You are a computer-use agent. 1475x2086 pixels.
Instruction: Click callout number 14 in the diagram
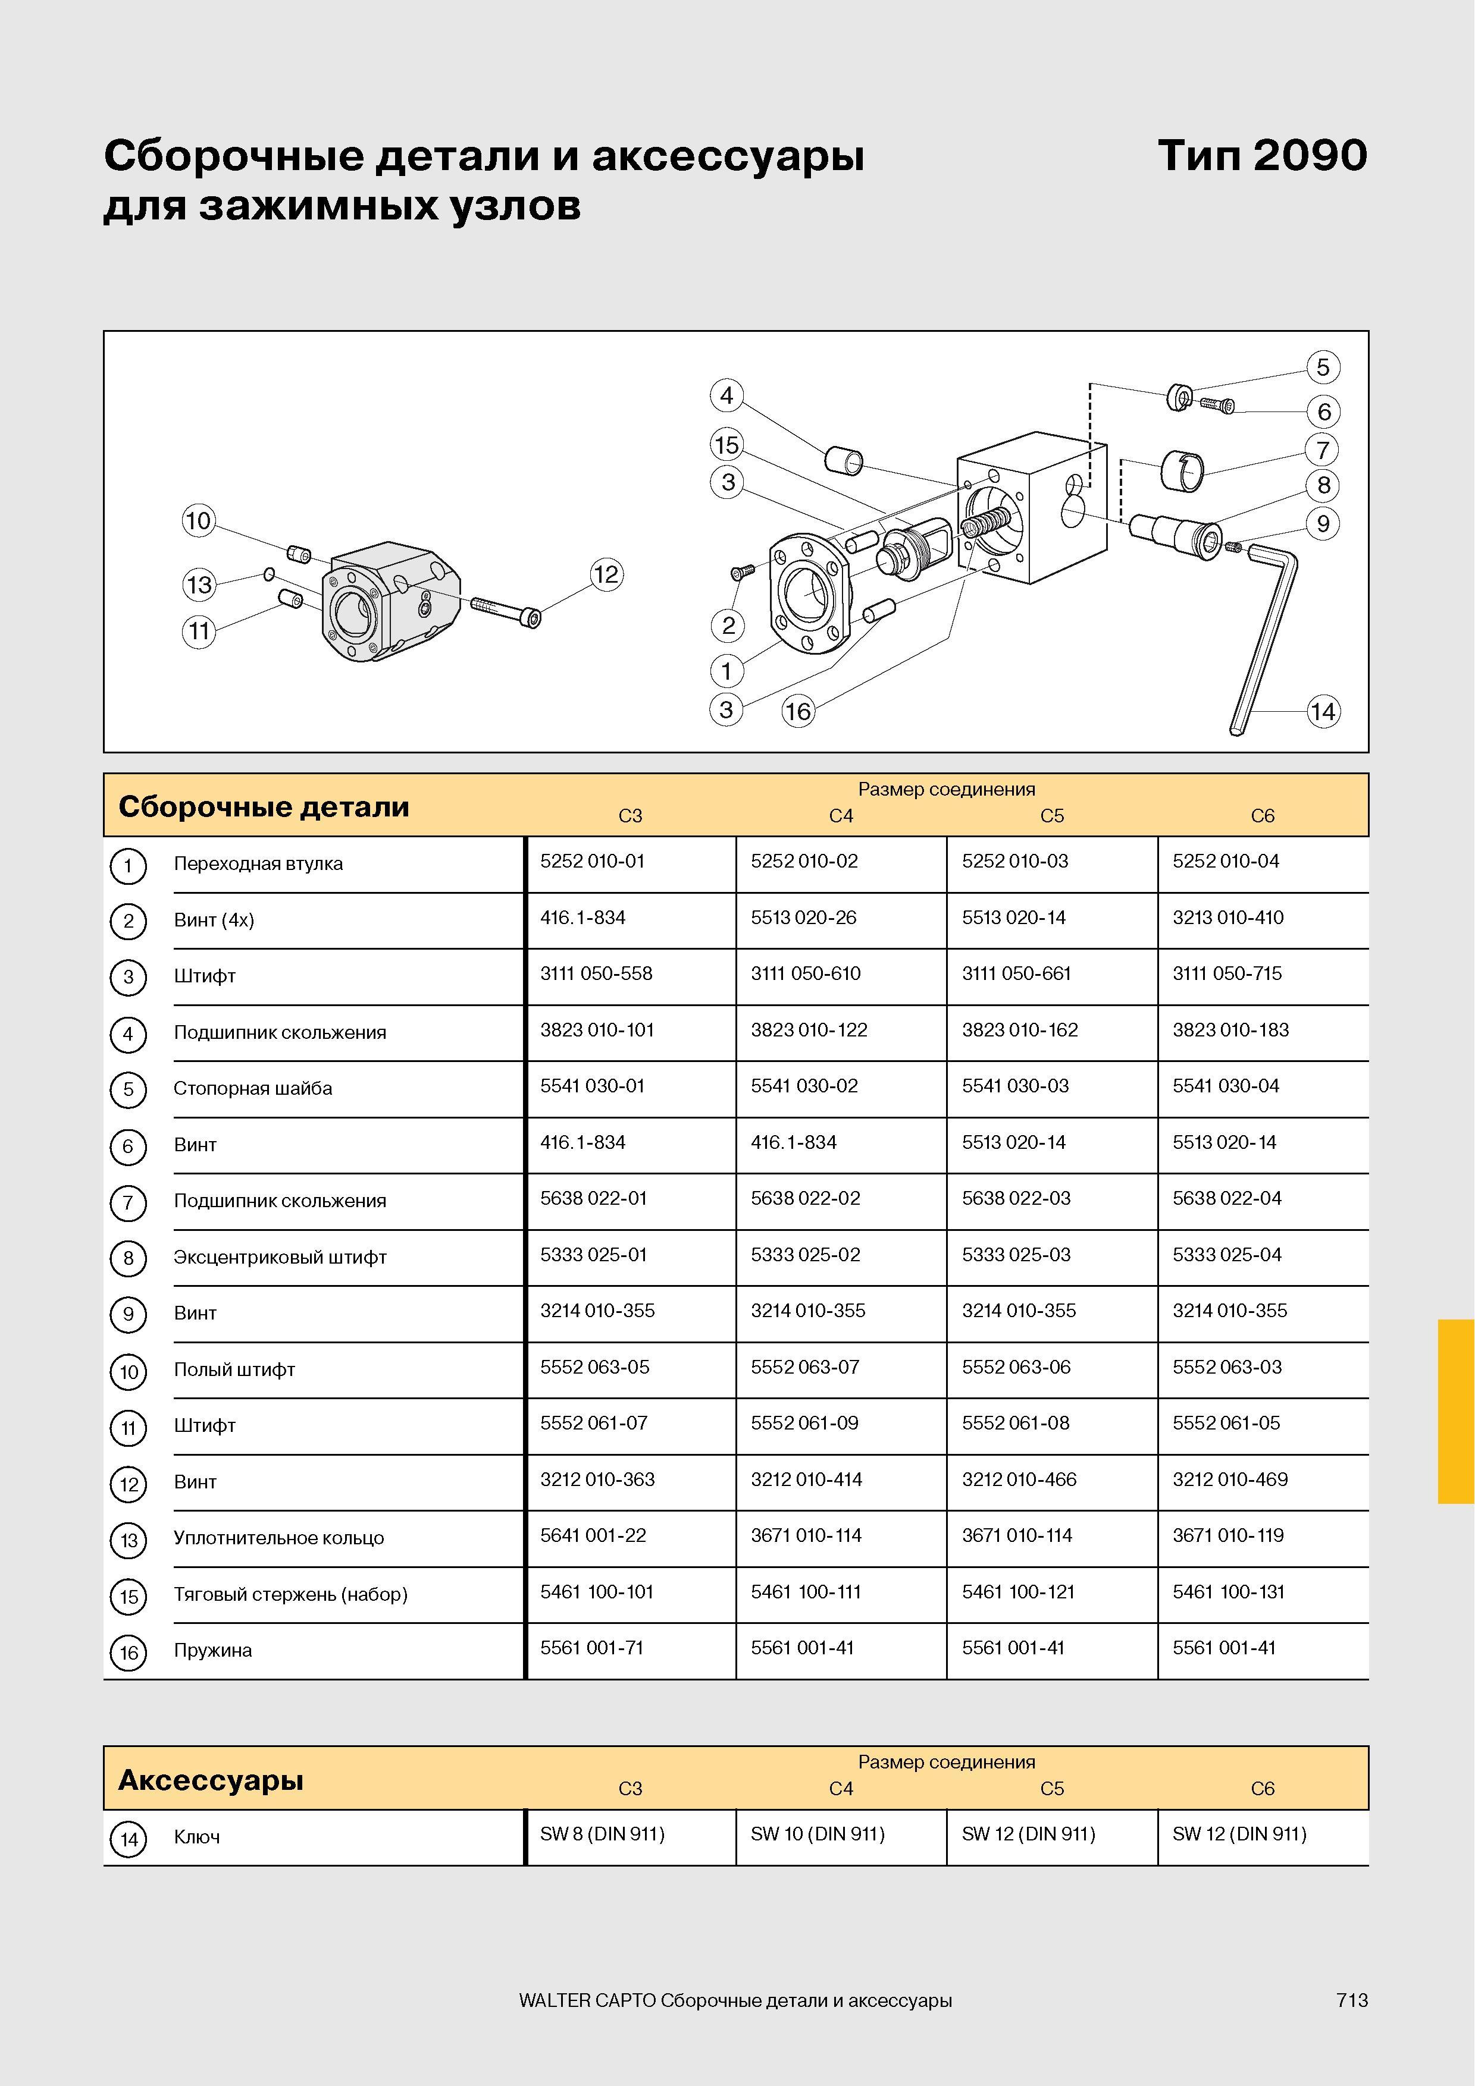point(1322,711)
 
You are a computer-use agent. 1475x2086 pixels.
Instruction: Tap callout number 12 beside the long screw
point(606,574)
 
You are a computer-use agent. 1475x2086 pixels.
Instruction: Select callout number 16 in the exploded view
point(798,711)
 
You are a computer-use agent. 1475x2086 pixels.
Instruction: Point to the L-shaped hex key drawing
point(1266,636)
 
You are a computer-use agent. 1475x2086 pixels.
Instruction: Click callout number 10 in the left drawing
point(198,520)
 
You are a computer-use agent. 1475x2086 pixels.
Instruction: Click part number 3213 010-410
point(1228,918)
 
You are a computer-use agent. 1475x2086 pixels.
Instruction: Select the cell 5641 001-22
point(593,1535)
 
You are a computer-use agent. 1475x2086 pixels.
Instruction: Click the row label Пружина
point(212,1651)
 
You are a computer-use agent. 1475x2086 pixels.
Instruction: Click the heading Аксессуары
point(211,1780)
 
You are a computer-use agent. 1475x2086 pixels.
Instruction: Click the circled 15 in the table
point(128,1596)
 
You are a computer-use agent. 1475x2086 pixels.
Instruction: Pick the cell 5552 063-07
point(804,1367)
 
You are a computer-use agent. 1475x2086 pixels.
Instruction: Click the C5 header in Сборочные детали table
point(1051,816)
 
